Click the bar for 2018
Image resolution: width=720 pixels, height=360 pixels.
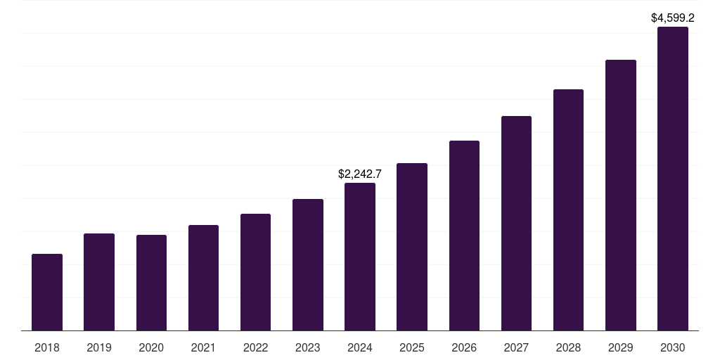click(47, 292)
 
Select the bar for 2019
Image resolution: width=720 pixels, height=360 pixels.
click(99, 282)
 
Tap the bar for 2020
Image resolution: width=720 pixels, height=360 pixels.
click(151, 283)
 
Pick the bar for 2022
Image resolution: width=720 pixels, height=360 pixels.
click(255, 272)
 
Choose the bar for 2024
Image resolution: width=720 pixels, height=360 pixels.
click(360, 257)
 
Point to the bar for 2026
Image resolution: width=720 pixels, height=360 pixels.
click(464, 236)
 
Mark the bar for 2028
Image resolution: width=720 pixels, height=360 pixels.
click(568, 210)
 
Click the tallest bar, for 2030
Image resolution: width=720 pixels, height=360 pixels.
click(673, 179)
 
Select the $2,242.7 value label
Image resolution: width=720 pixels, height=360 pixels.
click(360, 174)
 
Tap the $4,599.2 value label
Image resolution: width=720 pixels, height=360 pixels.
click(673, 18)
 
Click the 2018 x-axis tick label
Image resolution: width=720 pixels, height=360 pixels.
click(47, 347)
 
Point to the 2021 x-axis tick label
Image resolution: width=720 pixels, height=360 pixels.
click(203, 347)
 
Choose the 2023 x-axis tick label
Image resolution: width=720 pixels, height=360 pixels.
click(308, 347)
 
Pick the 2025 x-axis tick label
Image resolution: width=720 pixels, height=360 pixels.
click(412, 347)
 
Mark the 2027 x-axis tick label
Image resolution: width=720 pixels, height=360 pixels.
click(516, 347)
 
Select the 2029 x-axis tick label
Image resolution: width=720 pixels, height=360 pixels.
click(621, 347)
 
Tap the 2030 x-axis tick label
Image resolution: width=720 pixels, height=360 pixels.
click(673, 347)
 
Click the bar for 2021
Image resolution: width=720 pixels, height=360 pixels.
click(203, 278)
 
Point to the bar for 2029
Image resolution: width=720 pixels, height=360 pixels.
click(621, 195)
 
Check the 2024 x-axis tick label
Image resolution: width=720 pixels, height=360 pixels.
click(360, 347)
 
